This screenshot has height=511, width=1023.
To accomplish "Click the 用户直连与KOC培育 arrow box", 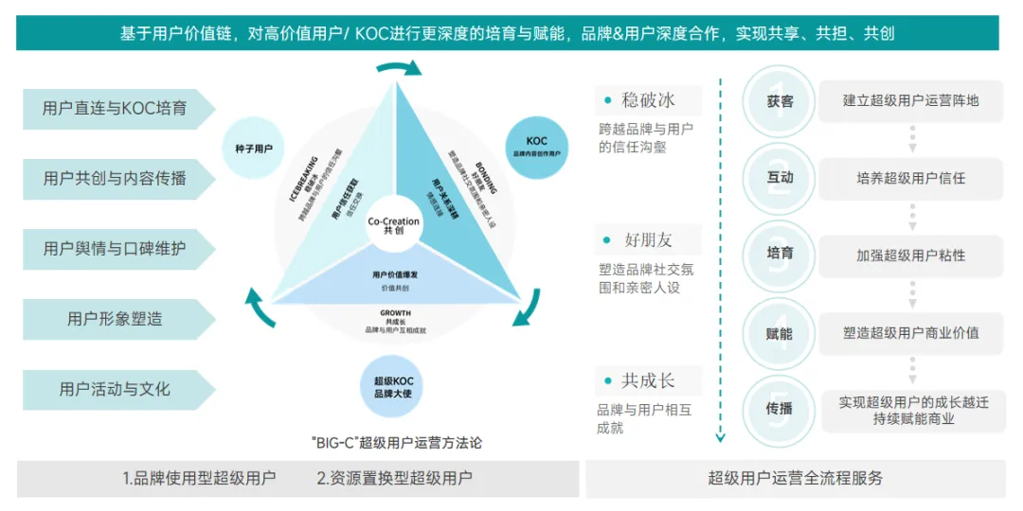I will click(115, 109).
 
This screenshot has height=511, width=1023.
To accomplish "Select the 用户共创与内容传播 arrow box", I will click(115, 179).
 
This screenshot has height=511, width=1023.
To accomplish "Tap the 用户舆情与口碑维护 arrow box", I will click(115, 249).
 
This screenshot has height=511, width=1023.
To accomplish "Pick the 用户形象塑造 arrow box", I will click(115, 319).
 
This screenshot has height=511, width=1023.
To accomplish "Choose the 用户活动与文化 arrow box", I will click(115, 389).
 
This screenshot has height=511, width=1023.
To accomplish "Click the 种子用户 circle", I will click(254, 149).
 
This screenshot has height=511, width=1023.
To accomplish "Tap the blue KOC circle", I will click(537, 147).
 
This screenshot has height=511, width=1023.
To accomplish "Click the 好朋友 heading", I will click(649, 238).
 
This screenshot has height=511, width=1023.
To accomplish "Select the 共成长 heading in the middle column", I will click(649, 380).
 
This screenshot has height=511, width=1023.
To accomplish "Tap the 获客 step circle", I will click(780, 101).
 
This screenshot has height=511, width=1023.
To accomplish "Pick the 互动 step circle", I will click(780, 178).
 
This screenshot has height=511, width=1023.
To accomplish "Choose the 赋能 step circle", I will click(780, 333).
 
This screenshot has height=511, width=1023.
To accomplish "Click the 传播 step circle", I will click(780, 409).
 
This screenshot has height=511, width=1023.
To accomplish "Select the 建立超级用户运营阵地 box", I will click(911, 101).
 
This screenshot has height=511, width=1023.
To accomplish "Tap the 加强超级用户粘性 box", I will click(911, 255).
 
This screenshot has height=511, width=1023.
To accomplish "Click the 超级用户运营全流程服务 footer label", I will click(796, 478).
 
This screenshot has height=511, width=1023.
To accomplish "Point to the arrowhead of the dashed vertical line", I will click(720, 437).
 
